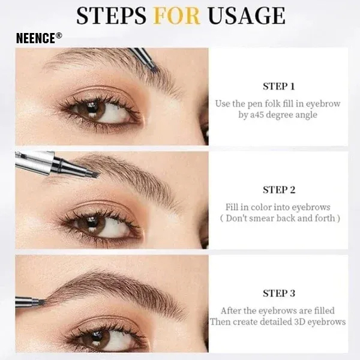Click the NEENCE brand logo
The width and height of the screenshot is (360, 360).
click(39, 37)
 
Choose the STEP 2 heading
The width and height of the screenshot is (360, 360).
click(279, 190)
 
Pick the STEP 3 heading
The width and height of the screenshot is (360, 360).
click(279, 293)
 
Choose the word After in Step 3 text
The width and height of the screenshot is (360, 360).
click(232, 311)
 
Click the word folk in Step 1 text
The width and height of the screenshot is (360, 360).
click(270, 104)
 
